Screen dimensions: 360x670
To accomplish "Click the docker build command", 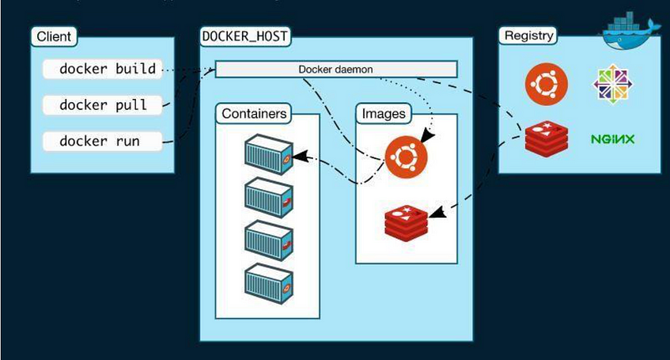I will tap(108, 69).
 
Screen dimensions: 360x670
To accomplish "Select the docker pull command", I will tap(104, 104).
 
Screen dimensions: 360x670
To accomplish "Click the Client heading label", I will tap(54, 36).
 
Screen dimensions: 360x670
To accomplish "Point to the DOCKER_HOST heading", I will tap(245, 36).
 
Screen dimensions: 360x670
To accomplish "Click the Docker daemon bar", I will tap(335, 70).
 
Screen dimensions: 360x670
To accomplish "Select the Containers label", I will tap(253, 114).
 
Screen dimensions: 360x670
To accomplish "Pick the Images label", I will tap(384, 114).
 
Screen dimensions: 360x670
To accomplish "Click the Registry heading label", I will tap(528, 36).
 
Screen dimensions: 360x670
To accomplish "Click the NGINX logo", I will tap(613, 140).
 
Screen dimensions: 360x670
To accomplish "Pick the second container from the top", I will tap(269, 195).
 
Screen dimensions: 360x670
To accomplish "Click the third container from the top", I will tap(269, 238).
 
